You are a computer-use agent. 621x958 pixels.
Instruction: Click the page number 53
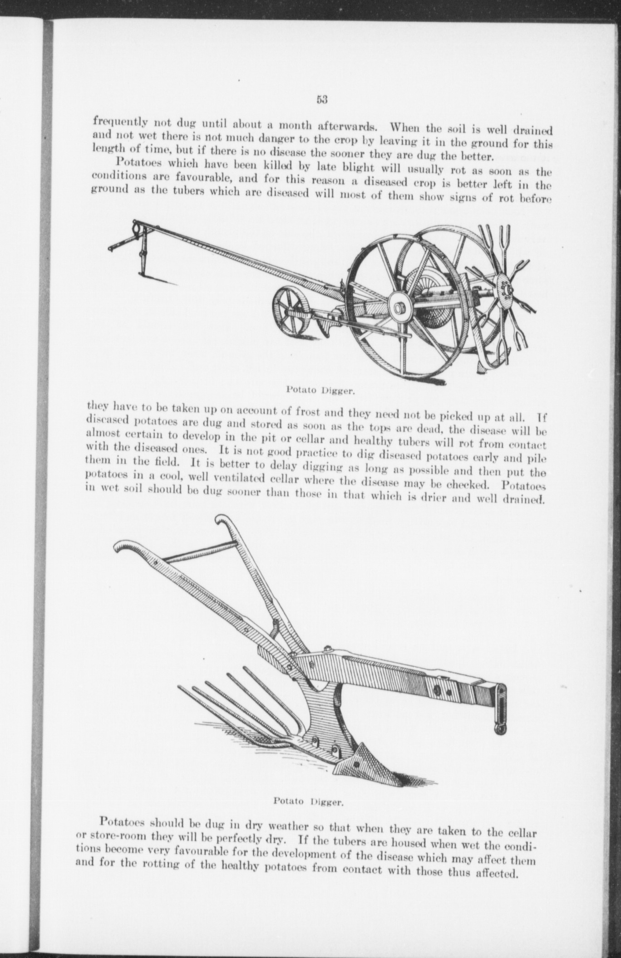click(322, 100)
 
